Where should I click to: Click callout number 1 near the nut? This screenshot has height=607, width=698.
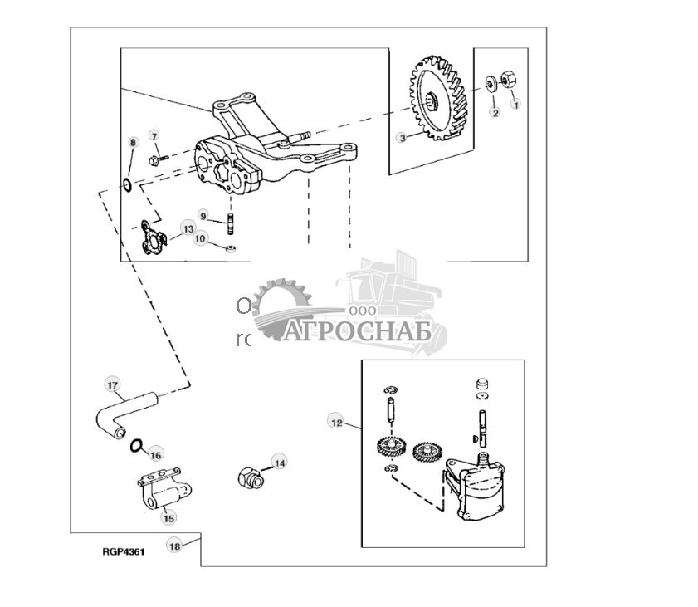point(515,105)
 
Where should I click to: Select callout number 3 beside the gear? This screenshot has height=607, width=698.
point(402,138)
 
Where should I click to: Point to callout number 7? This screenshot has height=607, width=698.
point(154,135)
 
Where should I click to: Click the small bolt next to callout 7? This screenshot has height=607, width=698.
point(157,158)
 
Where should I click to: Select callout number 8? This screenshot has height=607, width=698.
point(131,143)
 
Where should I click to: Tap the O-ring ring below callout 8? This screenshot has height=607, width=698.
point(126,183)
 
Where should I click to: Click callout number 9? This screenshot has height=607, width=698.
point(202,215)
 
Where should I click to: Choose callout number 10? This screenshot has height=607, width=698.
point(200,239)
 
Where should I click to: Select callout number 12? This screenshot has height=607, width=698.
point(335,422)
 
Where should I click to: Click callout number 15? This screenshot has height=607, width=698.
point(168,518)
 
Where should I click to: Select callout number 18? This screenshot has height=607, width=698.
point(174,546)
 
